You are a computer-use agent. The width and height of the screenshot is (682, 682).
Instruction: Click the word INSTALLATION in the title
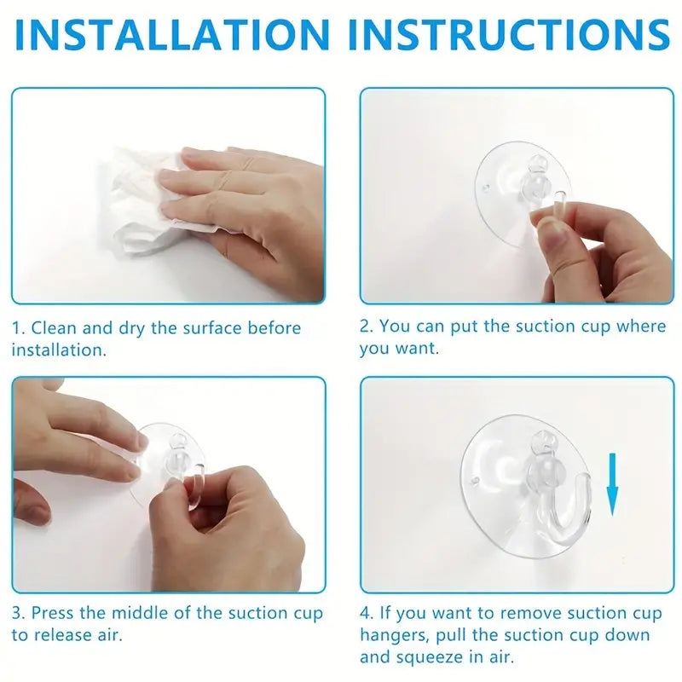(172, 35)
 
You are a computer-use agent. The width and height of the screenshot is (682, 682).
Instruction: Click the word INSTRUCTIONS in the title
(509, 35)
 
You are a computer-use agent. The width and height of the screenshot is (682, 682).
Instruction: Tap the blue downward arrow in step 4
(612, 484)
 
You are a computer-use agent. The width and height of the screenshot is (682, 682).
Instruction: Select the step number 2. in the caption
(367, 327)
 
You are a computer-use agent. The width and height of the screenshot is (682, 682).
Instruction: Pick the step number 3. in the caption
(19, 613)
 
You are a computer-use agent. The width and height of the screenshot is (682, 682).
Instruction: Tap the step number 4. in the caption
(367, 613)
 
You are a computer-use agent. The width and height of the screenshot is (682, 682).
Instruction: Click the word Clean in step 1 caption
(54, 328)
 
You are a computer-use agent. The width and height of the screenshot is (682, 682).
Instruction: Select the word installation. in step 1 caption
(59, 350)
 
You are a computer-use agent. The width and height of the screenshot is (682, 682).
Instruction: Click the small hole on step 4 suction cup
(476, 482)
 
